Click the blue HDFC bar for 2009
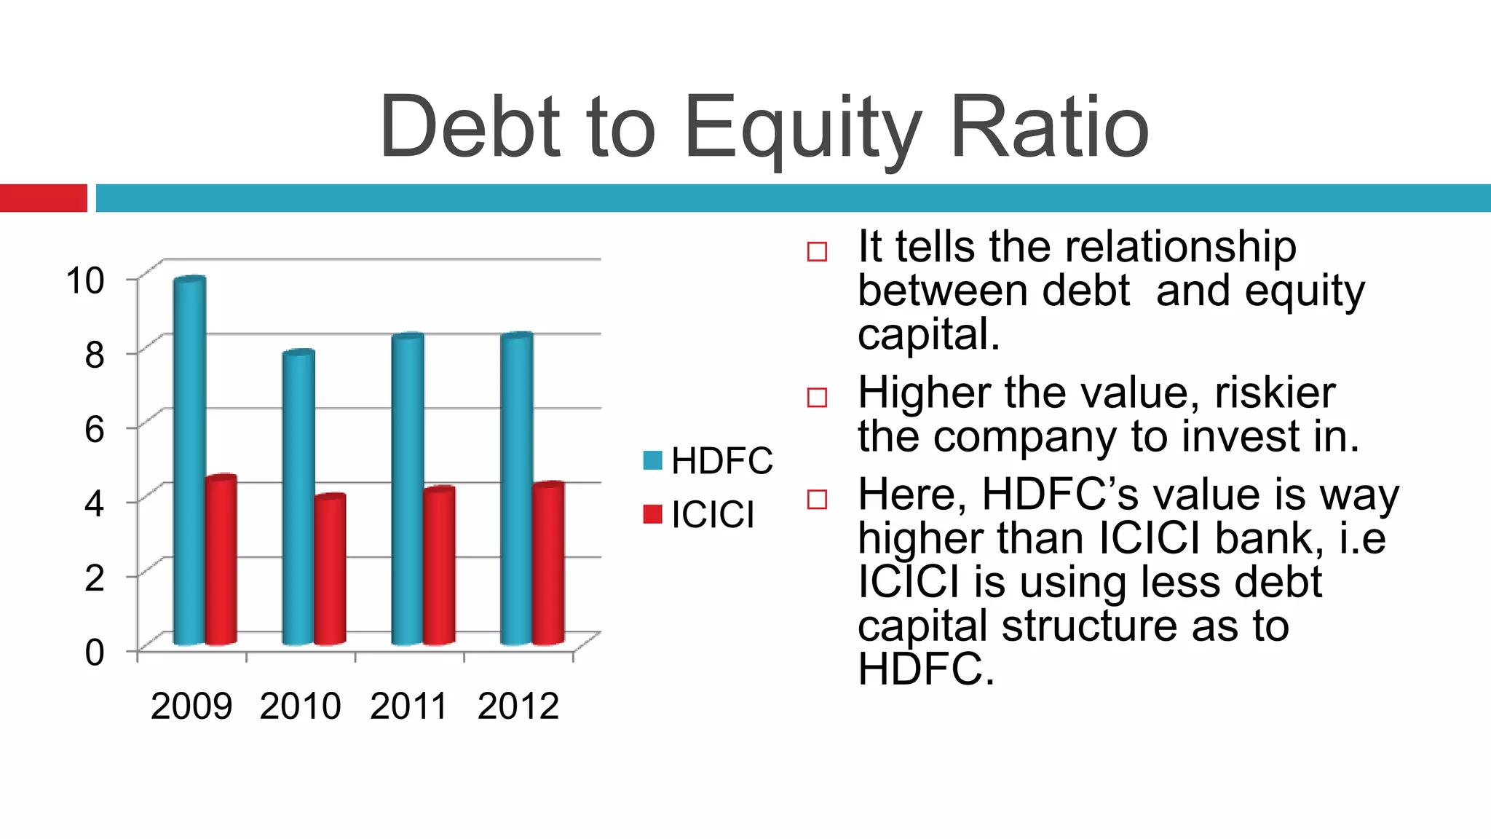(189, 462)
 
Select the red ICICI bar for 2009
(221, 561)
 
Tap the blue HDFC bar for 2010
(298, 498)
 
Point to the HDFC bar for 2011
(408, 489)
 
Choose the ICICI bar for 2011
(439, 567)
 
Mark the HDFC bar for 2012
(517, 489)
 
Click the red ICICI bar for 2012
(548, 564)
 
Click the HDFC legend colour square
(653, 460)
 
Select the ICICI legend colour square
(653, 514)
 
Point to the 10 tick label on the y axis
(85, 281)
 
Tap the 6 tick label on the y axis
(95, 430)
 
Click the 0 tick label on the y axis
(95, 652)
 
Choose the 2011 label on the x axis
(408, 706)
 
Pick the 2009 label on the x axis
(191, 706)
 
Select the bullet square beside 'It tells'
(818, 252)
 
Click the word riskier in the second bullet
(1275, 393)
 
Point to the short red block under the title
(44, 198)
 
